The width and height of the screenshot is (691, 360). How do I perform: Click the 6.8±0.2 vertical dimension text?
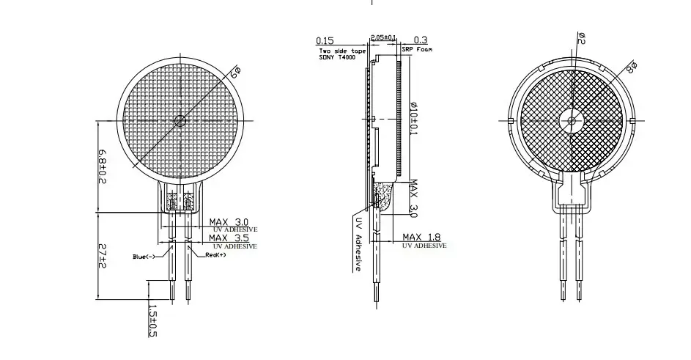pyautogui.click(x=103, y=167)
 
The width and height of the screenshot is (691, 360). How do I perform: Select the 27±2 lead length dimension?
pyautogui.click(x=103, y=257)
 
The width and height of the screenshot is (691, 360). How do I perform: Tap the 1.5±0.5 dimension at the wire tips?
pyautogui.click(x=152, y=321)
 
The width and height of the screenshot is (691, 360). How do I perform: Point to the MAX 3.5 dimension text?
pyautogui.click(x=229, y=238)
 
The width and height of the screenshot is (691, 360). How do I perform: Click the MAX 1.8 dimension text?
pyautogui.click(x=424, y=237)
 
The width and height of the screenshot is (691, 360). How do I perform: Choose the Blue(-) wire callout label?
pyautogui.click(x=144, y=257)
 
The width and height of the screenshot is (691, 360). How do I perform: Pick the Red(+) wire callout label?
pyautogui.click(x=215, y=255)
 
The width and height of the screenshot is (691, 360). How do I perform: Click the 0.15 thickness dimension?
pyautogui.click(x=325, y=40)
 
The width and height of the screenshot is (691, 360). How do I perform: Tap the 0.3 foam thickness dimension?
pyautogui.click(x=421, y=40)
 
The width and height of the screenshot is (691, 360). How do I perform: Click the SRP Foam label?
pyautogui.click(x=417, y=49)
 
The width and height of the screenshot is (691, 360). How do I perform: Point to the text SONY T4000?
pyautogui.click(x=332, y=56)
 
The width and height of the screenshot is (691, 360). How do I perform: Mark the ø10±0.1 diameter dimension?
pyautogui.click(x=413, y=117)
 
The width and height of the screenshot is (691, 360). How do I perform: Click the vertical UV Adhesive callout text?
pyautogui.click(x=358, y=244)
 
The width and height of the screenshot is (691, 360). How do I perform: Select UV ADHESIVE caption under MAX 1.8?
pyautogui.click(x=424, y=247)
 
